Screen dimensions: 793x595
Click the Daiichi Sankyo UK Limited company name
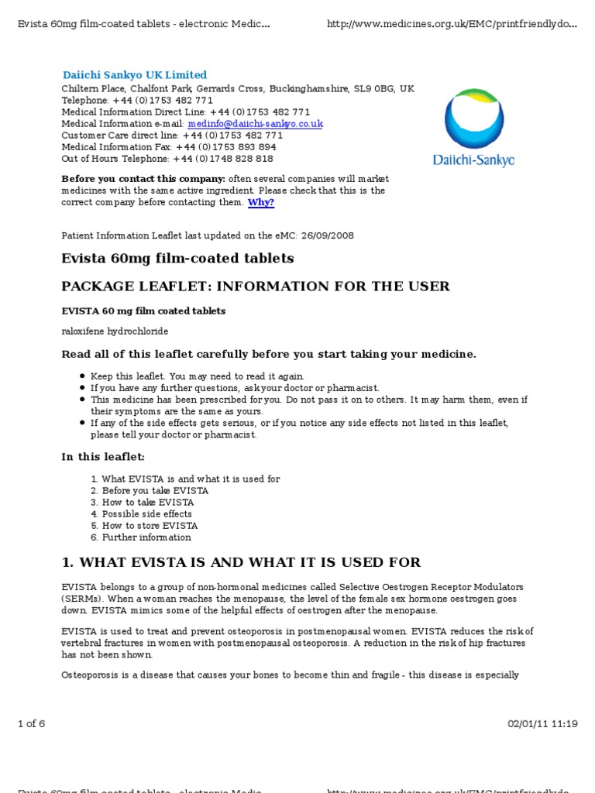click(135, 75)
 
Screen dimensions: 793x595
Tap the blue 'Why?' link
click(261, 203)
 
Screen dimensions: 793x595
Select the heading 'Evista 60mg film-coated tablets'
click(177, 258)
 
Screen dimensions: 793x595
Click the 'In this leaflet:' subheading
click(103, 457)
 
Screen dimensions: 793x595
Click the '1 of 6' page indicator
click(31, 724)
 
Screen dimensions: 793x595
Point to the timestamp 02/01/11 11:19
click(543, 724)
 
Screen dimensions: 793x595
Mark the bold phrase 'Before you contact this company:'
click(138, 179)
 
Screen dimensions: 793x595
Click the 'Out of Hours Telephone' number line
click(167, 159)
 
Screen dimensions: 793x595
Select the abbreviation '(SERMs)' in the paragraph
click(82, 599)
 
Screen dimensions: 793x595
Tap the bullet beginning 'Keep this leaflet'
click(198, 376)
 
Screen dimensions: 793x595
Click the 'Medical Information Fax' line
click(168, 147)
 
